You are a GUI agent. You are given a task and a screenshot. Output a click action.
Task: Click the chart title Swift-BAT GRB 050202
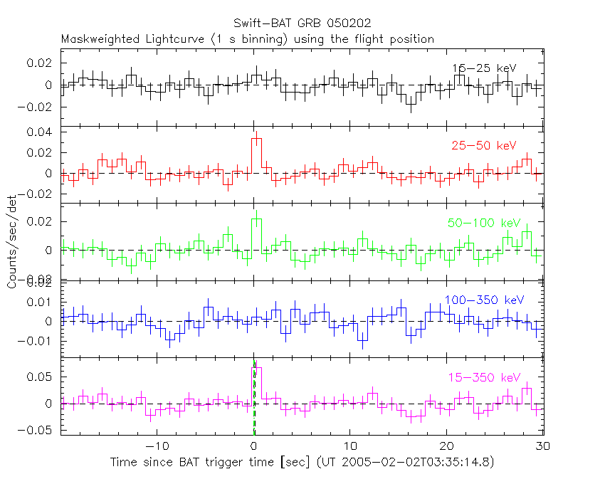[302, 23]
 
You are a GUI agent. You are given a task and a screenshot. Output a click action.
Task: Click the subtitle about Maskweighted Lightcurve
[248, 38]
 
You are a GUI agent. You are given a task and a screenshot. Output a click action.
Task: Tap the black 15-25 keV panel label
[483, 68]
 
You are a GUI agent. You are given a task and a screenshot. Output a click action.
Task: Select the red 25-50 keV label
[483, 145]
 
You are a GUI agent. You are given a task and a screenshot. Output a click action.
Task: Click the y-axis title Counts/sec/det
[12, 242]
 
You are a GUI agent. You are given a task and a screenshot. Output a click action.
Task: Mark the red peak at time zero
[257, 139]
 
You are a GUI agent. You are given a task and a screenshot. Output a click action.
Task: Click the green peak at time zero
[257, 220]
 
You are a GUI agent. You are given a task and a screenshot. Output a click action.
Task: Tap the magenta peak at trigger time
[257, 368]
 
